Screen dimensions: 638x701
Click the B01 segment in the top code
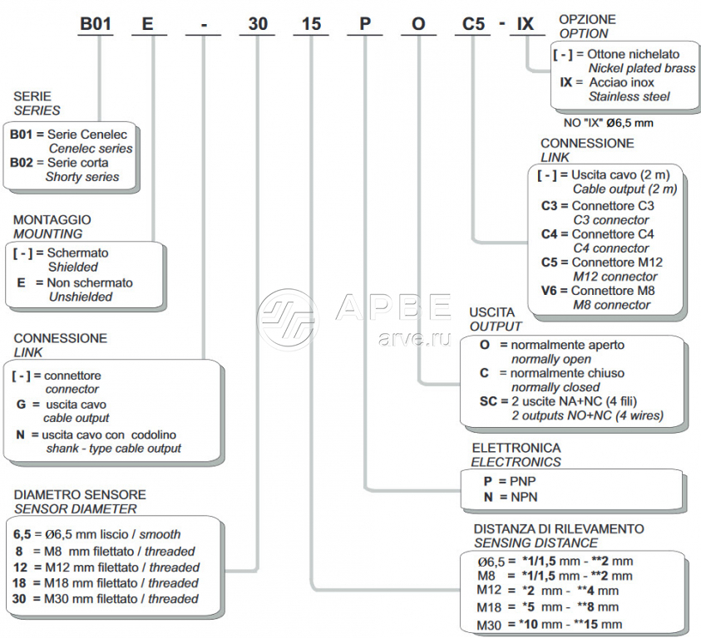point(96,23)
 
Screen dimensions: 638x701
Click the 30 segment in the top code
point(258,23)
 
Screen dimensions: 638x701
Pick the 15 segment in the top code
point(311,23)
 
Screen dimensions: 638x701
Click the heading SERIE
point(32,96)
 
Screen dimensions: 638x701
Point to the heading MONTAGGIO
point(52,220)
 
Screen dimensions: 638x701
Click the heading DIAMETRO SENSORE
point(80,494)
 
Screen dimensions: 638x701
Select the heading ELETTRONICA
point(516,449)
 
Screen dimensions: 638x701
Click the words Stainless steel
point(629,96)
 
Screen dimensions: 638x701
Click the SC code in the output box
point(488,401)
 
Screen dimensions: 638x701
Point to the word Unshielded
point(80,297)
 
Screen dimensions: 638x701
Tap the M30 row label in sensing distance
point(490,625)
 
